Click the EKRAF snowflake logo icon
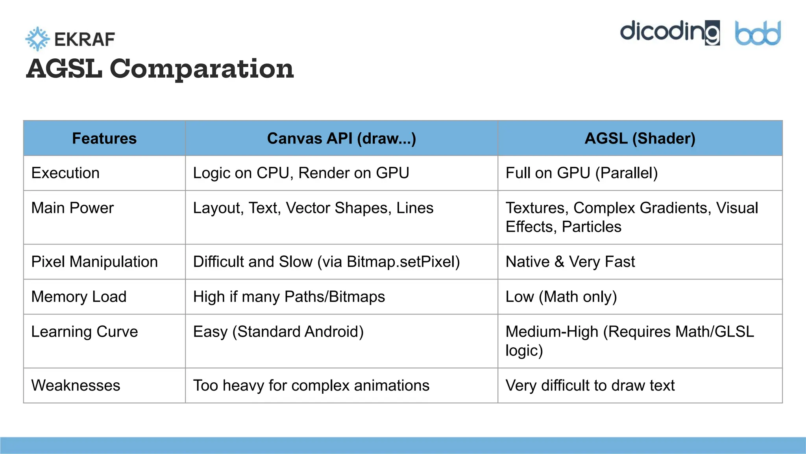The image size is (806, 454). pyautogui.click(x=37, y=39)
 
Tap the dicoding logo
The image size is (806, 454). pyautogui.click(x=670, y=32)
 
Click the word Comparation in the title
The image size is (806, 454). pyautogui.click(x=201, y=69)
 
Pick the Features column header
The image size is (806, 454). pyautogui.click(x=104, y=138)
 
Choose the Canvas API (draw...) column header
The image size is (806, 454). pyautogui.click(x=341, y=138)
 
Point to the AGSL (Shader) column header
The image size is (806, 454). pyautogui.click(x=640, y=138)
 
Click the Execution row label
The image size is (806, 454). pyautogui.click(x=65, y=173)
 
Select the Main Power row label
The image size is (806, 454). pyautogui.click(x=72, y=208)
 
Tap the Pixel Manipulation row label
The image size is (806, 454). pyautogui.click(x=94, y=262)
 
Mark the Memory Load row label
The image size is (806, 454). pyautogui.click(x=79, y=297)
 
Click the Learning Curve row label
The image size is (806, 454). pyautogui.click(x=85, y=332)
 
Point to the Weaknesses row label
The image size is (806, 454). pyautogui.click(x=76, y=385)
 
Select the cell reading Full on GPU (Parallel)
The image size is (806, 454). pyautogui.click(x=581, y=173)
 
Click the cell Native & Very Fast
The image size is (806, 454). pyautogui.click(x=570, y=262)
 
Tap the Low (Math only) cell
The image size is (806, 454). pyautogui.click(x=561, y=297)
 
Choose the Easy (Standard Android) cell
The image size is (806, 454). pyautogui.click(x=278, y=332)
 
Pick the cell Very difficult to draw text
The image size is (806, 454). pyautogui.click(x=590, y=385)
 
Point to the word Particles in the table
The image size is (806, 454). pyautogui.click(x=592, y=227)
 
